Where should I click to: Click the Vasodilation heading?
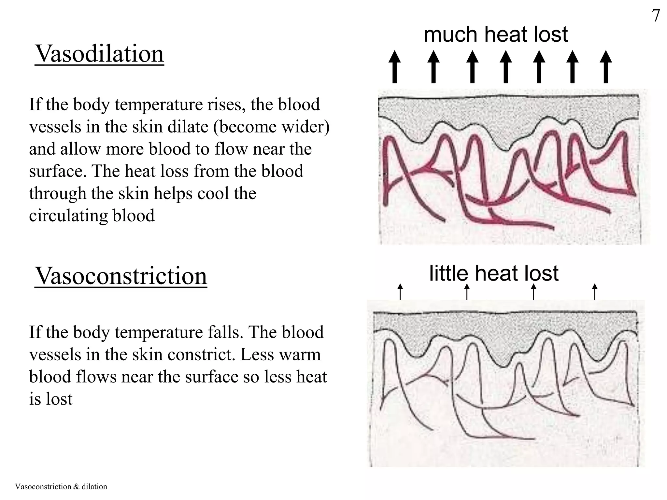pyautogui.click(x=99, y=54)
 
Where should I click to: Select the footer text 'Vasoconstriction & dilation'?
pyautogui.click(x=61, y=487)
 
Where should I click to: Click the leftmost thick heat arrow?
pyautogui.click(x=394, y=67)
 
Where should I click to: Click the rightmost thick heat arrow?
pyautogui.click(x=605, y=67)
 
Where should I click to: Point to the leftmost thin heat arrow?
pyautogui.click(x=400, y=292)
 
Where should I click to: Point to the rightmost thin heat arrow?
pyautogui.click(x=595, y=292)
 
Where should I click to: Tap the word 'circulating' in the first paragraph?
pyautogui.click(x=68, y=215)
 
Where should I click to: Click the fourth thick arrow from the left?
pyautogui.click(x=505, y=67)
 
